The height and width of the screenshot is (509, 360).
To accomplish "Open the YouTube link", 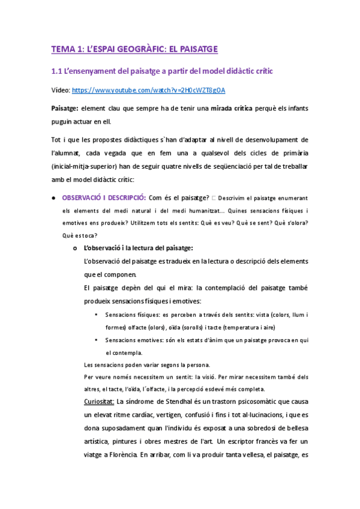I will tap(148, 91).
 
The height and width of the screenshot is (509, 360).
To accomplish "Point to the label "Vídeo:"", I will tap(61, 91).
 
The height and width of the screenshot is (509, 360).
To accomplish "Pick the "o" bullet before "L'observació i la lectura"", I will tap(75, 248).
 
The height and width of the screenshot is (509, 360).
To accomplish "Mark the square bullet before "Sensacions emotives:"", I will tap(97, 340).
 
